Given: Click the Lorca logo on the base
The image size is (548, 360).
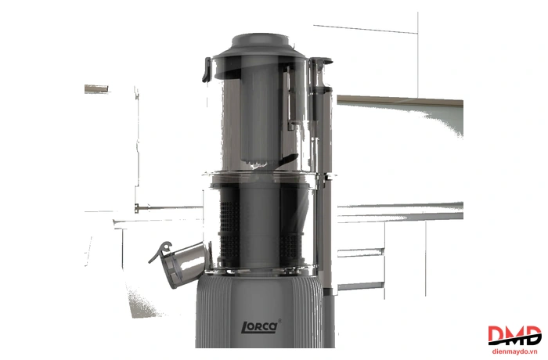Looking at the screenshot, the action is click(x=260, y=327).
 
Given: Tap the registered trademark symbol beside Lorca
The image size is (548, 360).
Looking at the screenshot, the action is click(x=279, y=321).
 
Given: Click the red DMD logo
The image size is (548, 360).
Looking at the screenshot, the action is click(x=514, y=336).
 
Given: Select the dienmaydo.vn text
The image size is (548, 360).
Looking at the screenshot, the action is click(x=514, y=351).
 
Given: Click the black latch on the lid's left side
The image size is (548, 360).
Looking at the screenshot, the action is click(x=206, y=70).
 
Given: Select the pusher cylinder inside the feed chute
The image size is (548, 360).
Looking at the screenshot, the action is click(x=259, y=112).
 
